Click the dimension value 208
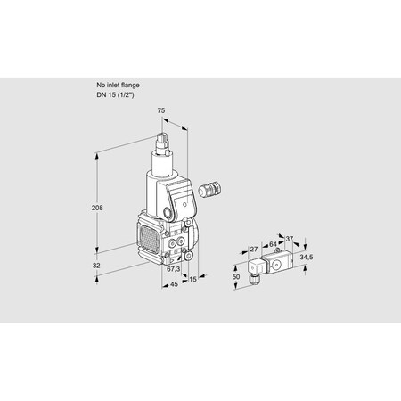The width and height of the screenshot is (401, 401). pos(97,208)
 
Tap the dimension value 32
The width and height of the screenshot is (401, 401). pos(96,266)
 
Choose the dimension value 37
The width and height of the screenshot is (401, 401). pos(289,238)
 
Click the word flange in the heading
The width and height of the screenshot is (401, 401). pos(128,84)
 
